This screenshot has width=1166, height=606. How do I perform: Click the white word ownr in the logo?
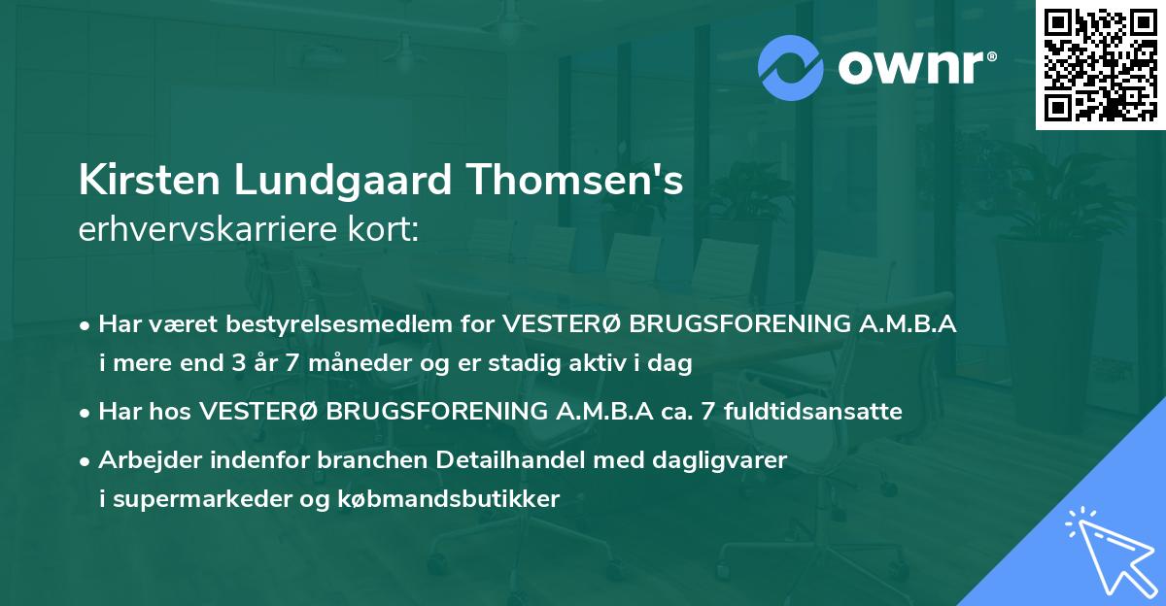[x=913, y=67]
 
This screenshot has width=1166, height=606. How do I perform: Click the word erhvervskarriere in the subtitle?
[x=204, y=230]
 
